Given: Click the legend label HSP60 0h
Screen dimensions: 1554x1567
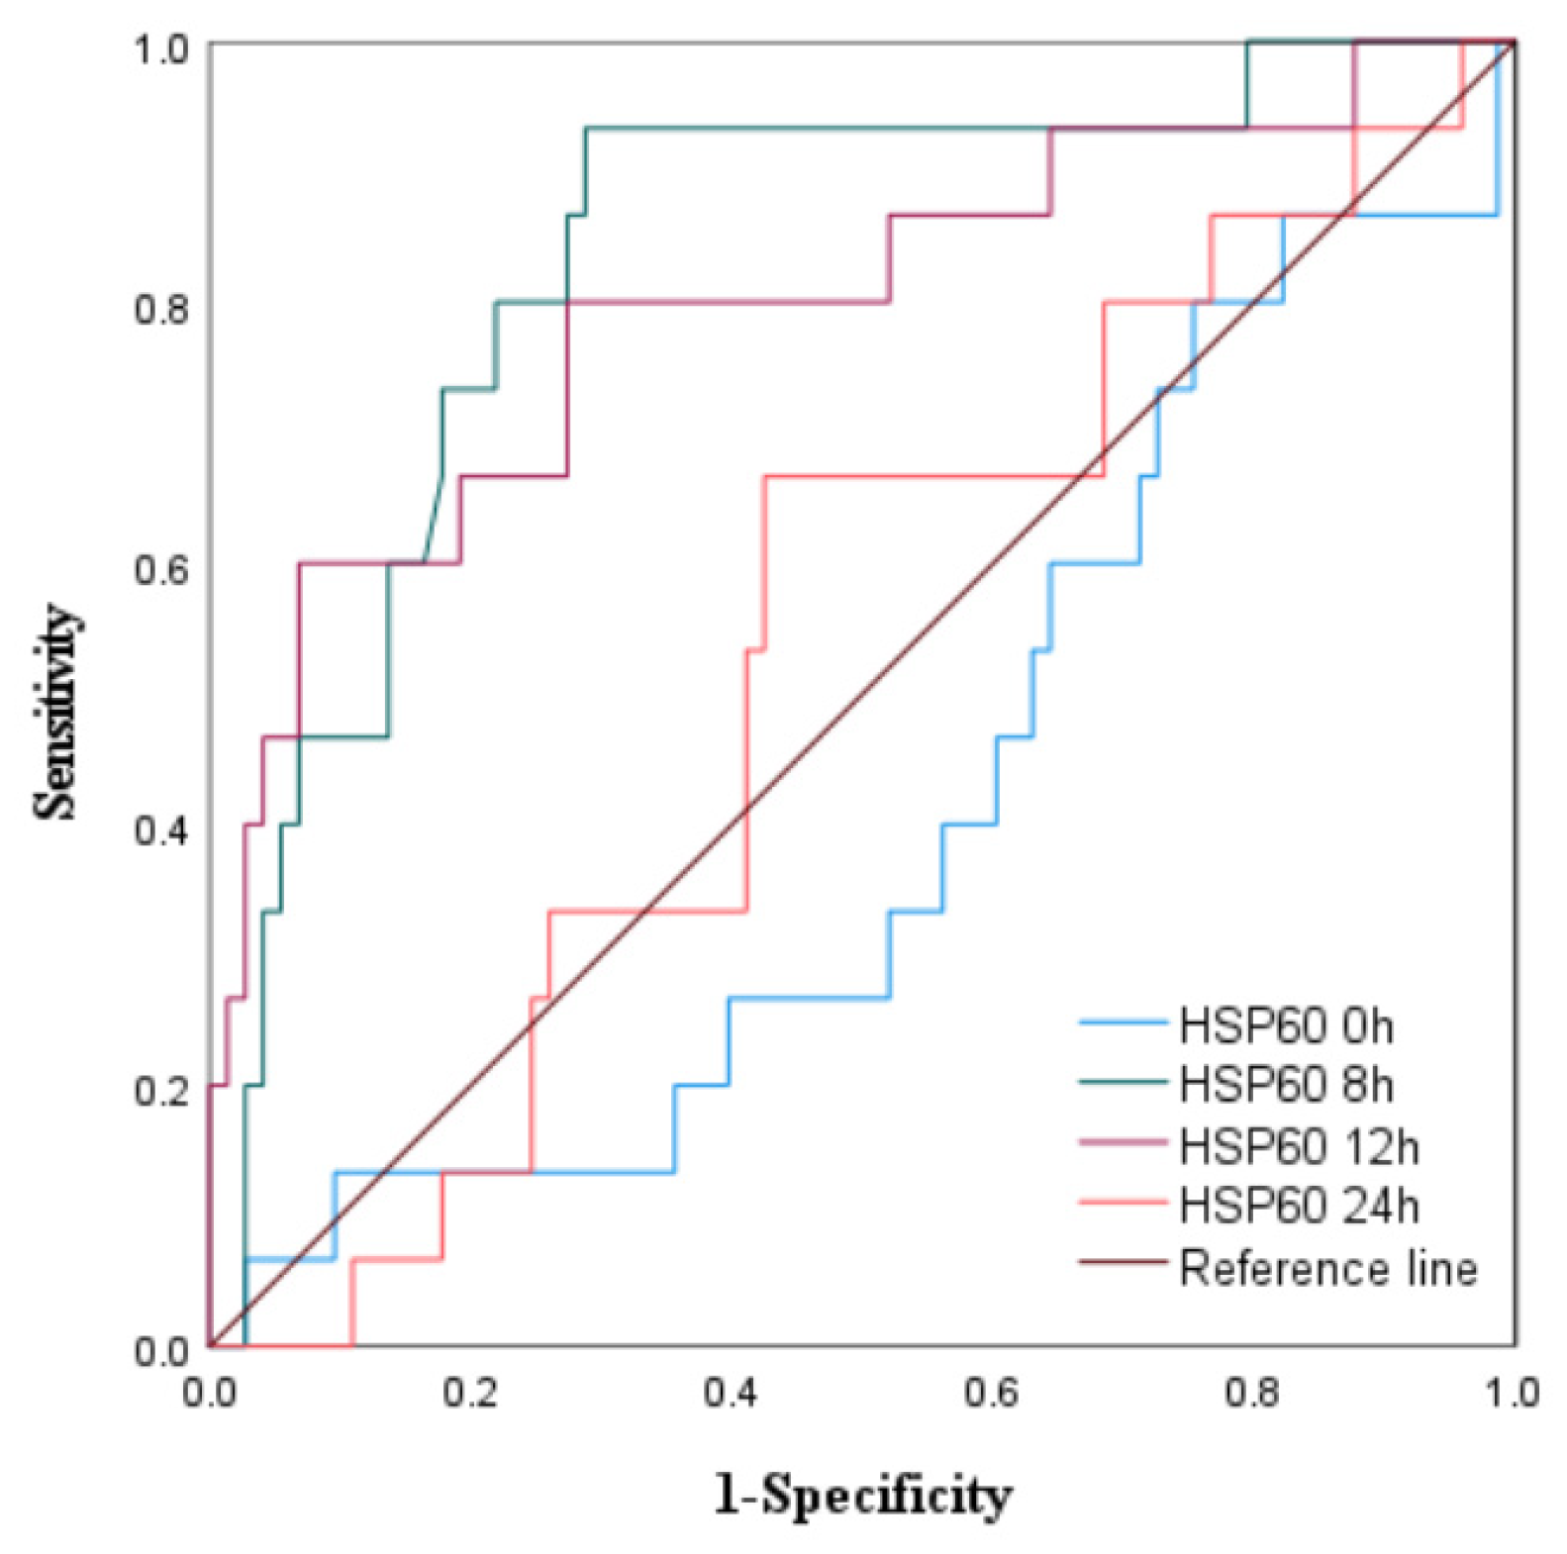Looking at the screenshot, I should click(x=1285, y=1026).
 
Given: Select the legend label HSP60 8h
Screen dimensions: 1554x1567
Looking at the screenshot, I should click(x=1285, y=1086).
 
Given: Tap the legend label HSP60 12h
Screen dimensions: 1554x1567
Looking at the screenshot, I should click(x=1298, y=1147).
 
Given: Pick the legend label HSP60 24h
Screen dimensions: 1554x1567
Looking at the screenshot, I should click(x=1298, y=1207).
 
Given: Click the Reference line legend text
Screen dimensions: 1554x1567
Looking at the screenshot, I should click(x=1327, y=1268).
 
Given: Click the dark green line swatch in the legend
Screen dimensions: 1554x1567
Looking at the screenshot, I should click(x=1123, y=1082).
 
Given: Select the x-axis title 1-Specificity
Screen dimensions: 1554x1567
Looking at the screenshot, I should click(x=862, y=1496).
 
